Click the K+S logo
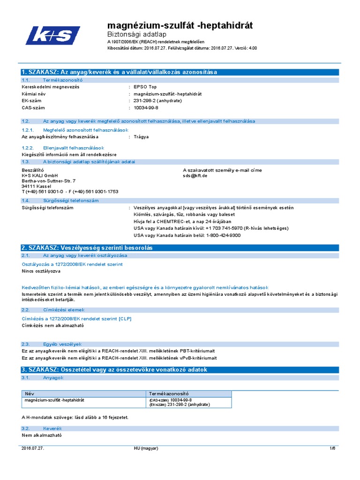(53, 36)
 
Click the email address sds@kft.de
(195, 176)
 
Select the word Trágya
(141, 136)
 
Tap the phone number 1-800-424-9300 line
(187, 235)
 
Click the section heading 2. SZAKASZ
(87, 247)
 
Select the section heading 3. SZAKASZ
(114, 369)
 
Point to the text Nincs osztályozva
(41, 271)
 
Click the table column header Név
(30, 393)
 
